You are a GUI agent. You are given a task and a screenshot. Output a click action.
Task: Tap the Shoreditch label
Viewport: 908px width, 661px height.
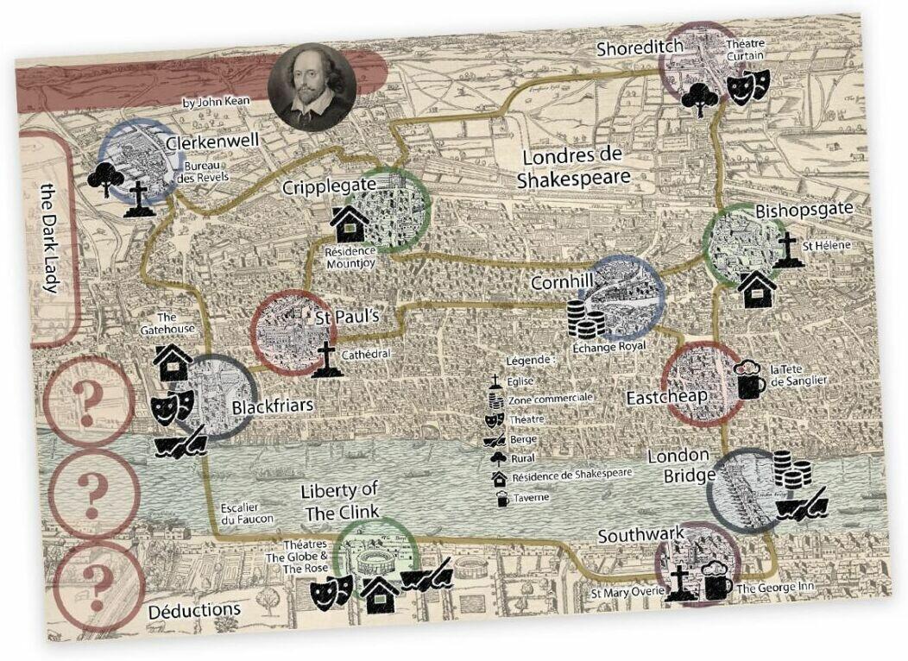(640, 49)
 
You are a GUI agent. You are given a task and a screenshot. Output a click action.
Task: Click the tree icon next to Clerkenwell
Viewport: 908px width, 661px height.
(104, 179)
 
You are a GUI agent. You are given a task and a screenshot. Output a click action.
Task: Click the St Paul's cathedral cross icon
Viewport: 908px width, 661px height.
(325, 359)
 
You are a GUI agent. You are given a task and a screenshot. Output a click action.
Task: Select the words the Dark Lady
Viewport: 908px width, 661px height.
(50, 239)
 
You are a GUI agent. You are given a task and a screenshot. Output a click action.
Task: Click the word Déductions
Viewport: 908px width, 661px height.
(194, 610)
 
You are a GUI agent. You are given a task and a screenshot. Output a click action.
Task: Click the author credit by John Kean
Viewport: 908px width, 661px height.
(216, 102)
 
